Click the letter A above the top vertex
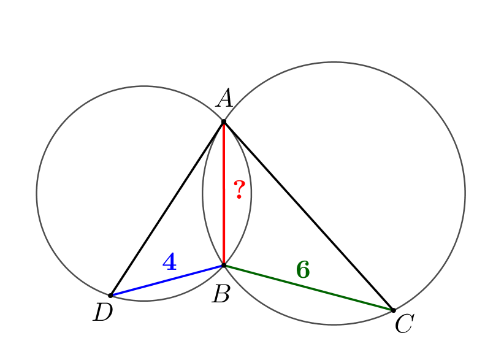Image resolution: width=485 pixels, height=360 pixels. pos(224,98)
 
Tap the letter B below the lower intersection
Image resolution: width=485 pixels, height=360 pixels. pos(221,294)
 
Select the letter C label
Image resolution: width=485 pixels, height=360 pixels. pos(405,323)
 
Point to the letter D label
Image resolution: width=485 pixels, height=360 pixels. pos(103,312)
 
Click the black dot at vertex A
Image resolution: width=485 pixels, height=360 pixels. pos(224,123)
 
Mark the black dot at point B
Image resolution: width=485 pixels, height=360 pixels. pos(224,266)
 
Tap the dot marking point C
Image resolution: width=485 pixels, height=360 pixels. pos(394,310)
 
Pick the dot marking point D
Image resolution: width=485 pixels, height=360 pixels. pos(110,296)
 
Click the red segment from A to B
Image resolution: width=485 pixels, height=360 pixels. pos(224,194)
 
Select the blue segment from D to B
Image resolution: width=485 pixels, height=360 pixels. pos(167,280)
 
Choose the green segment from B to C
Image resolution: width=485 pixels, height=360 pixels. pos(308,288)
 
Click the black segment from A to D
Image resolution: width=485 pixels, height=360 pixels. pos(167,209)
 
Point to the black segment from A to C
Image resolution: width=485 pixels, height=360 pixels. pos(308,216)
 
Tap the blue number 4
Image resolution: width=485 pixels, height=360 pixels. pos(169,262)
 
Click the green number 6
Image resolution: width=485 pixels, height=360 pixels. pos(303,270)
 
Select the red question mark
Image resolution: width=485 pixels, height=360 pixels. pos(239,190)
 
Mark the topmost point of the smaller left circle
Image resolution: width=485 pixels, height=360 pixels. pos(144,86)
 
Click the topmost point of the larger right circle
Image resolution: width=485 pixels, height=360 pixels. pos(334,62)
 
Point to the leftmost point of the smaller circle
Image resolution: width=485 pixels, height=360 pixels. pos(37,193)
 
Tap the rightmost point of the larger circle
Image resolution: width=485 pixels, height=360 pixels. pos(465,194)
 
